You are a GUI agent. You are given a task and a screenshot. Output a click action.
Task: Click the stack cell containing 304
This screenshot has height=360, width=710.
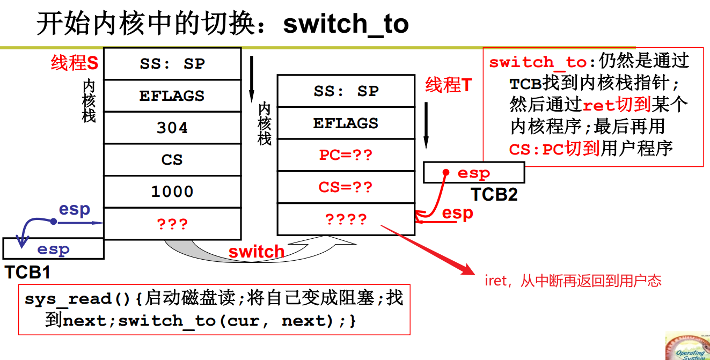click(x=172, y=128)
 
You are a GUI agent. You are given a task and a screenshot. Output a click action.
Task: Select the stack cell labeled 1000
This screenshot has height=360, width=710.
click(x=172, y=192)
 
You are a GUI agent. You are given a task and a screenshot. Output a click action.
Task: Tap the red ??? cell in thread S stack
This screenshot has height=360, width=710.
click(x=172, y=224)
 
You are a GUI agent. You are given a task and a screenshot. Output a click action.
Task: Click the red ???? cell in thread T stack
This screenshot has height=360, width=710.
click(x=346, y=219)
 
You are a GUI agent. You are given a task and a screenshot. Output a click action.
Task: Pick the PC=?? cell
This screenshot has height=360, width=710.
click(x=346, y=155)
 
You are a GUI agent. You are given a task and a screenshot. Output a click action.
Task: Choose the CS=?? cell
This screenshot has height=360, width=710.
click(x=346, y=187)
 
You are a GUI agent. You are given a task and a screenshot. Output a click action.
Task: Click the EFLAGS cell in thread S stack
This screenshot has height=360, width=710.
click(x=172, y=95)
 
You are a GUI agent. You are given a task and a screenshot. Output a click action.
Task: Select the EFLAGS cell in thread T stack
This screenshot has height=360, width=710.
click(x=346, y=123)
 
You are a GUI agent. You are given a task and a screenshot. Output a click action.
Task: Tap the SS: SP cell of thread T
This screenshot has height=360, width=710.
click(x=346, y=91)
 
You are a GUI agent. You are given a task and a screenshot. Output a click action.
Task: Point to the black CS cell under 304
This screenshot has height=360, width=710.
click(x=172, y=160)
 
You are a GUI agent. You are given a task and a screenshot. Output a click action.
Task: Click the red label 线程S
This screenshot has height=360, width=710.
click(x=75, y=63)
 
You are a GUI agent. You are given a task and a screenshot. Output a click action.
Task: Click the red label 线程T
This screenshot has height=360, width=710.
click(x=448, y=85)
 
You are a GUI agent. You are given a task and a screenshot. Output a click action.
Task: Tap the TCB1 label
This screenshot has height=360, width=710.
click(x=27, y=272)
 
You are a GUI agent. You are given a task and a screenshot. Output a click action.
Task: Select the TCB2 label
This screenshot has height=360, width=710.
click(x=494, y=194)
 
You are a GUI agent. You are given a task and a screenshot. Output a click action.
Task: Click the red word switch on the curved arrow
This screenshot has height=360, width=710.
click(x=257, y=252)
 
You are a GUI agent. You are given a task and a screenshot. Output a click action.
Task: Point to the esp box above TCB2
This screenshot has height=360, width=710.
click(x=473, y=173)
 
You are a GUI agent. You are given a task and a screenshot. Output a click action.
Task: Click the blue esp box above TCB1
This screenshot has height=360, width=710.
click(x=53, y=249)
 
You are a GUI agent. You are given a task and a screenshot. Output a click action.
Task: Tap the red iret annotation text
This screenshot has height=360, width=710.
click(x=573, y=281)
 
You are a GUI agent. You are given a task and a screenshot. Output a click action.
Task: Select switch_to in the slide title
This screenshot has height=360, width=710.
click(x=346, y=24)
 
